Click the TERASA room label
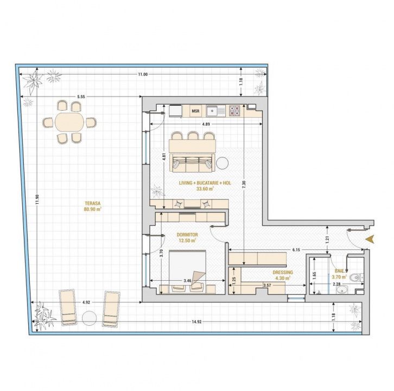pyautogui.click(x=92, y=203)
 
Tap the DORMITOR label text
pyautogui.click(x=187, y=235)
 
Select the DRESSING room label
pyautogui.click(x=283, y=272)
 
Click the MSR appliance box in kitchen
pyautogui.click(x=195, y=111)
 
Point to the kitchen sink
pyautogui.click(x=216, y=111)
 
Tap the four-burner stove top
pyautogui.click(x=234, y=111)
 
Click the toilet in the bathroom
pyautogui.click(x=357, y=278)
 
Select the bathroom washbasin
pyautogui.click(x=342, y=290)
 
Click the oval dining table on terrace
pyautogui.click(x=69, y=122)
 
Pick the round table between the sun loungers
pyautogui.click(x=89, y=318)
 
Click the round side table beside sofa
pyautogui.click(x=223, y=163)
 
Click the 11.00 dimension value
pyautogui.click(x=143, y=74)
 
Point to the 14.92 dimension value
pyautogui.click(x=196, y=321)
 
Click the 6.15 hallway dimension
pyautogui.click(x=296, y=250)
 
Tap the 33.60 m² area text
pyautogui.click(x=205, y=189)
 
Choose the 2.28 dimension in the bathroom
pyautogui.click(x=336, y=284)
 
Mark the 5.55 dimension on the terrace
pyautogui.click(x=81, y=97)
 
